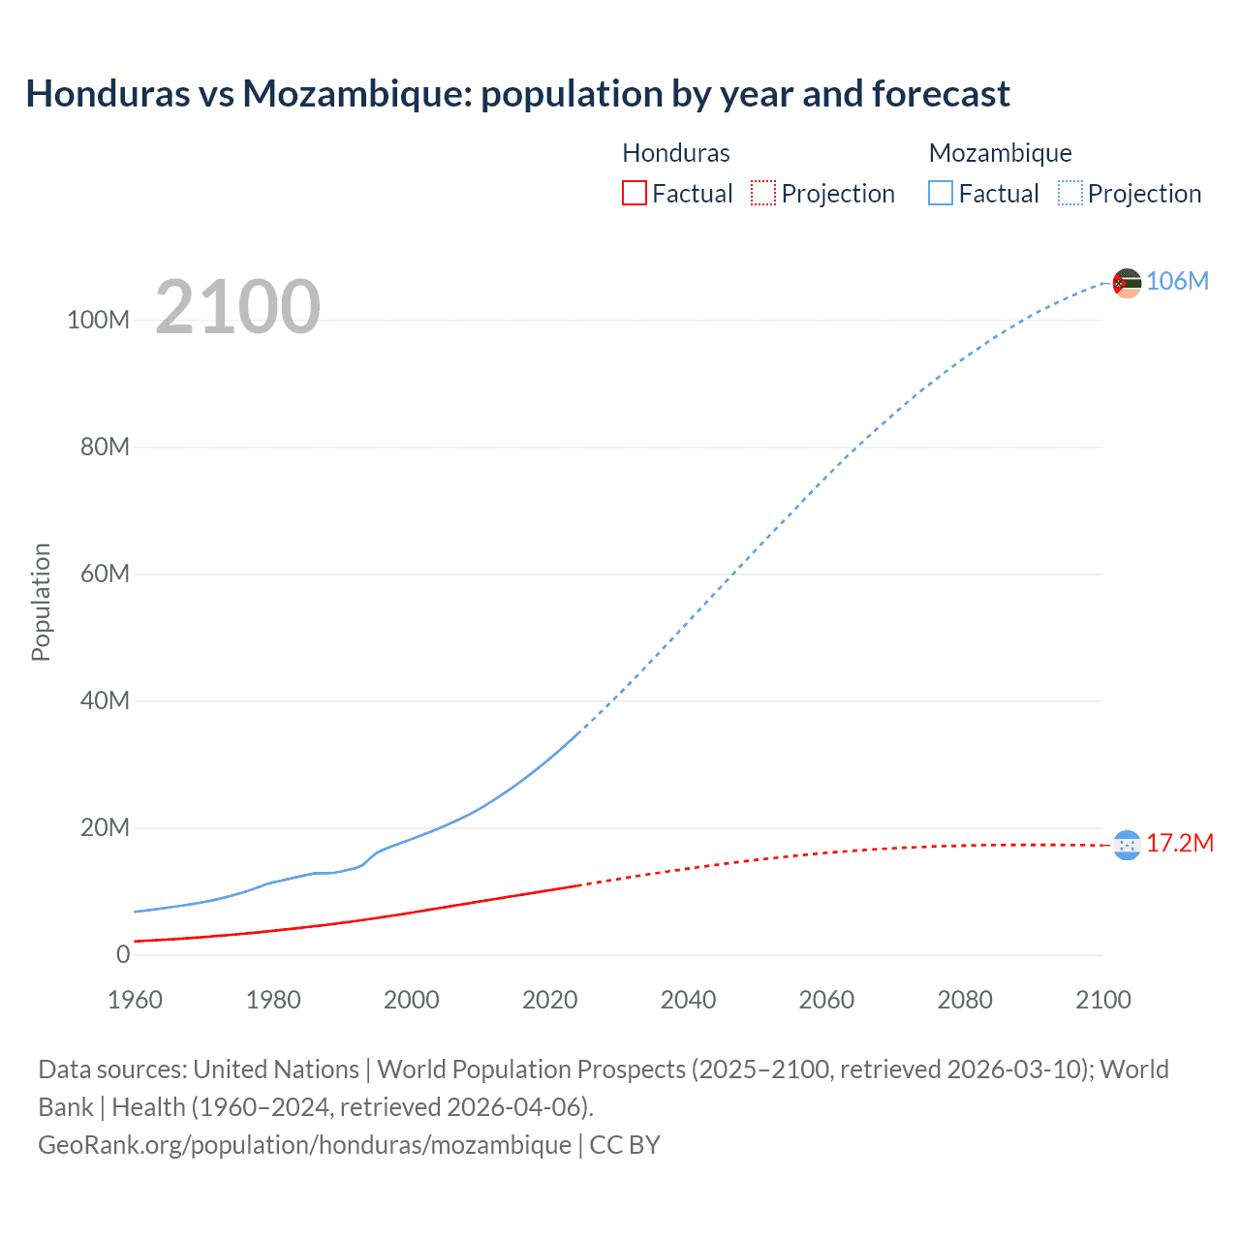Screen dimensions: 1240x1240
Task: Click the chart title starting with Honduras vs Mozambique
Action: pos(517,94)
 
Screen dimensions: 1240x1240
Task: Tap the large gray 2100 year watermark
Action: pos(237,307)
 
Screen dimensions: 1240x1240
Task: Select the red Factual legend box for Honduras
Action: pos(635,194)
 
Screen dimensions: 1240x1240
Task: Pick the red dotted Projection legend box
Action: pos(763,194)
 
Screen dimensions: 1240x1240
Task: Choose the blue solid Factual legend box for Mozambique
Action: pos(941,194)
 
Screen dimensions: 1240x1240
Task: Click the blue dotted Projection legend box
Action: pos(1070,194)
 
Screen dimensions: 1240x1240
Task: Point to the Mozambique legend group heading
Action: pos(1000,153)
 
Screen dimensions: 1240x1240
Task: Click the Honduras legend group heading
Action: pos(675,153)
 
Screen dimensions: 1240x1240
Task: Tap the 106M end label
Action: pos(1177,281)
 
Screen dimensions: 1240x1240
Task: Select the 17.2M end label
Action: pos(1179,844)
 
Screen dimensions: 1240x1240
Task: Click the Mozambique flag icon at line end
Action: pos(1127,283)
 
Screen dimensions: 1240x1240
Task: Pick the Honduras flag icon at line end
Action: pos(1127,846)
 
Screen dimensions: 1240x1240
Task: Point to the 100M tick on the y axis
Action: pos(98,321)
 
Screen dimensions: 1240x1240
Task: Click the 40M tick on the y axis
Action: pos(104,700)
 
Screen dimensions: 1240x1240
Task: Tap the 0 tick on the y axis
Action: pos(123,954)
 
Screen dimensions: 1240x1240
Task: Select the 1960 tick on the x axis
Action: pos(135,1000)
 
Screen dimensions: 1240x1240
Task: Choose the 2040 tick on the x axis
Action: pos(688,1000)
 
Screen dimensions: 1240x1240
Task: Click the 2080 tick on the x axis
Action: pos(965,1000)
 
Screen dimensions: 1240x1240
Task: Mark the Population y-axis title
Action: pos(41,602)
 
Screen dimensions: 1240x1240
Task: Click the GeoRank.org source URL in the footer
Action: pos(304,1145)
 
